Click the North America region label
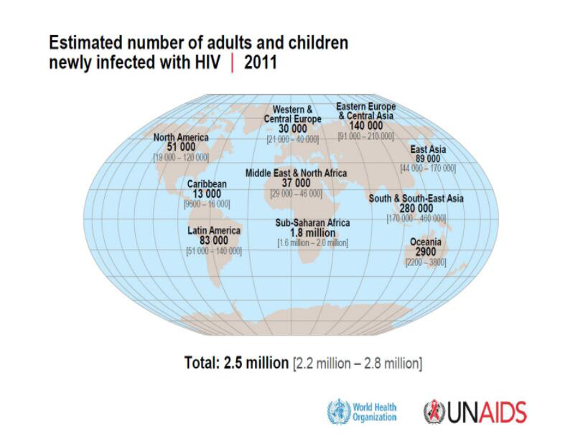pyautogui.click(x=181, y=138)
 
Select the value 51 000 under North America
pyautogui.click(x=181, y=147)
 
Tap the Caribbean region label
pyautogui.click(x=207, y=184)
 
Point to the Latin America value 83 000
pyautogui.click(x=213, y=241)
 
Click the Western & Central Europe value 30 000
pyautogui.click(x=292, y=128)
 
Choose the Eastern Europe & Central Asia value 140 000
pyautogui.click(x=365, y=125)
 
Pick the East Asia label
pyautogui.click(x=428, y=150)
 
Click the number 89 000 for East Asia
pyautogui.click(x=428, y=158)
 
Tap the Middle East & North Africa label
pyautogui.click(x=296, y=174)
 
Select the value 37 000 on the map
pyautogui.click(x=296, y=184)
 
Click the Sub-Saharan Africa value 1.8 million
pyautogui.click(x=312, y=233)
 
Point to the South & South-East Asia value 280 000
pyautogui.click(x=416, y=208)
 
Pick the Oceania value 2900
pyautogui.click(x=425, y=252)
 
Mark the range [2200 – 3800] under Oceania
pyautogui.click(x=425, y=262)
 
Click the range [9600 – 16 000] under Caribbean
pyautogui.click(x=207, y=204)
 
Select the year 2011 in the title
pyautogui.click(x=261, y=62)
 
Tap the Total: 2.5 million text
pyautogui.click(x=236, y=363)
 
